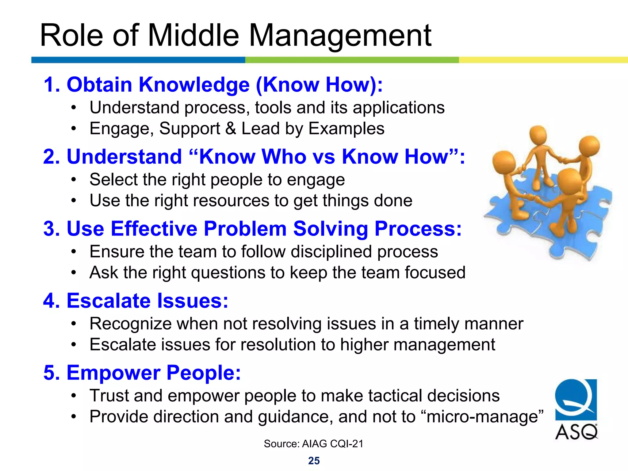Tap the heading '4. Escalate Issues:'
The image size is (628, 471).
(136, 301)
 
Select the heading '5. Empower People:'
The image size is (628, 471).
(142, 373)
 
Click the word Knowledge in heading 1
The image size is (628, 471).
(194, 85)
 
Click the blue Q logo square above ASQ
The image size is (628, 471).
(576, 400)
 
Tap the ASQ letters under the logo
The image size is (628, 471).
(576, 432)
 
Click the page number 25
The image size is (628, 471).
(314, 461)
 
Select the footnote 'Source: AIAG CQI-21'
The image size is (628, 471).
(313, 444)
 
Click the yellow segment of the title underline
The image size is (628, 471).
(543, 60)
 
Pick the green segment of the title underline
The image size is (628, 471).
(352, 60)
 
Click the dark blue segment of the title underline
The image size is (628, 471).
(138, 60)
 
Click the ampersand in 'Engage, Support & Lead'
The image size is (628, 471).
(231, 128)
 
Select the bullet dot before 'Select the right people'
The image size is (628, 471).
(73, 180)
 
